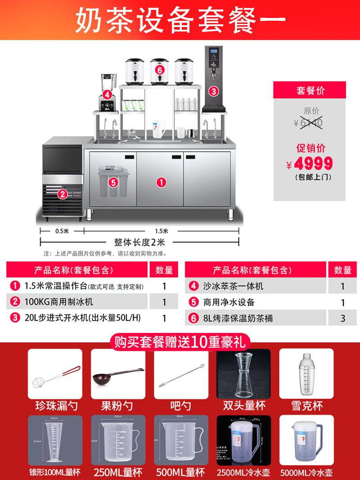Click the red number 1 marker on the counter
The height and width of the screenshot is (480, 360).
point(161,182)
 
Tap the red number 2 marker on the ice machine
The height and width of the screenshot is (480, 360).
point(62,194)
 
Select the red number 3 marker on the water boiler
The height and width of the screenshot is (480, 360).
point(214,91)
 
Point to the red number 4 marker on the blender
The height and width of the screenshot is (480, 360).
point(107,94)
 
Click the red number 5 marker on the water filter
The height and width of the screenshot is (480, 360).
point(113,183)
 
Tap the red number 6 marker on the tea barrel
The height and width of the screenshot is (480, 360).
point(159,70)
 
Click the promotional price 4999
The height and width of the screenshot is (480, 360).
point(314,163)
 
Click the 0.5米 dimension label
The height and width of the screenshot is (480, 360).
point(62,231)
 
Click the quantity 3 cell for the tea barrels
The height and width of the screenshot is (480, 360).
point(343,318)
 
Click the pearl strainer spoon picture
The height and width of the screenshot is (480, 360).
point(55,374)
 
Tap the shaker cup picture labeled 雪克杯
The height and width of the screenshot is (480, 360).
point(306,374)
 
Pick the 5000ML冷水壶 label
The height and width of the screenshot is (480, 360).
point(306,473)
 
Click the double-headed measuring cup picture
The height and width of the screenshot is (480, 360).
point(243,374)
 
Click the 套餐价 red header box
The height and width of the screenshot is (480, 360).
point(310,90)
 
